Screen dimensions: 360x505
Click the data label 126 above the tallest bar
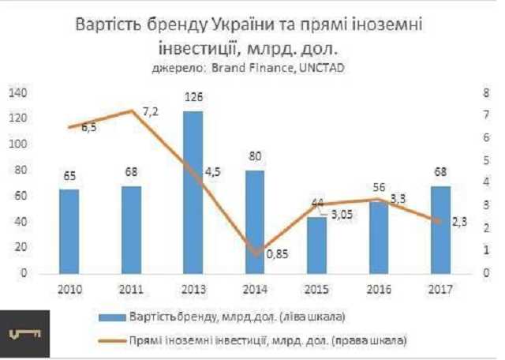point(193,98)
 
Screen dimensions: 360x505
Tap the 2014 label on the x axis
point(254,289)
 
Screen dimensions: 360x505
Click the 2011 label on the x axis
point(131,289)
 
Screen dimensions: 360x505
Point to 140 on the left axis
point(17,92)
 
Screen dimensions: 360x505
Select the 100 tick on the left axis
point(17,144)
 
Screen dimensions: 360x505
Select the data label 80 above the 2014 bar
point(254,157)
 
